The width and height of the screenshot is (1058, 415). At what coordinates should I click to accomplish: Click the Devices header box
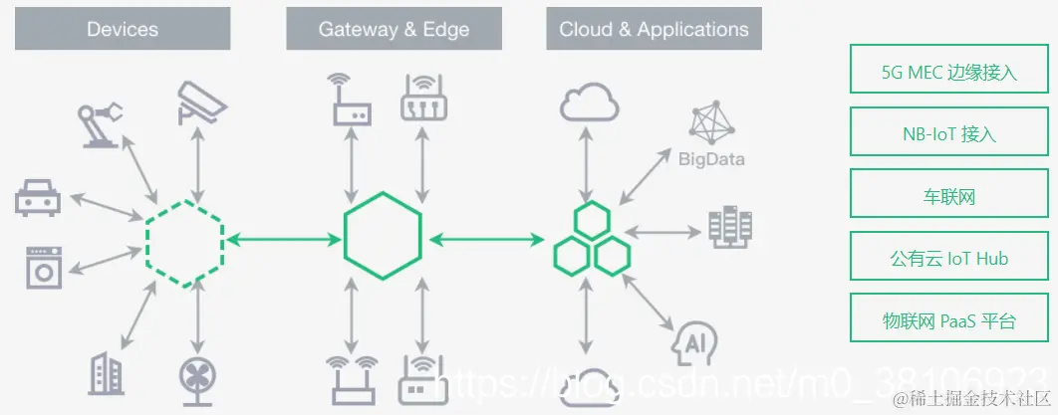tap(123, 29)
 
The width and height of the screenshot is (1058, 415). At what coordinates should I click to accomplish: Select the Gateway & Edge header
tap(394, 29)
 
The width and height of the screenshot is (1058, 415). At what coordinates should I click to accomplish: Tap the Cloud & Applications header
tap(654, 29)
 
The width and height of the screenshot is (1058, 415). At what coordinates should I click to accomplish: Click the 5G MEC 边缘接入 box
tap(948, 72)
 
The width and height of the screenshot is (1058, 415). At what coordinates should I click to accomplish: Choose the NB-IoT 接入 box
tap(948, 133)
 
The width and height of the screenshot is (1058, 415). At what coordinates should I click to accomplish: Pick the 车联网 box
tap(948, 195)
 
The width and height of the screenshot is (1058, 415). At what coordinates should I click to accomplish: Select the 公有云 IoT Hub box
tap(948, 258)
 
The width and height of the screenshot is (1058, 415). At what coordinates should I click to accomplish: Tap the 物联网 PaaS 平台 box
tap(948, 319)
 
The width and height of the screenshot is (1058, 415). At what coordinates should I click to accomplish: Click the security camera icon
tap(202, 101)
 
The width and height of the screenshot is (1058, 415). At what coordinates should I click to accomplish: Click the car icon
tap(38, 197)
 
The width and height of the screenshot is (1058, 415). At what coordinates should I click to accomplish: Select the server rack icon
tap(730, 228)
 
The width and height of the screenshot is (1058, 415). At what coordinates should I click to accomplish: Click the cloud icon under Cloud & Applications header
tap(591, 103)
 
